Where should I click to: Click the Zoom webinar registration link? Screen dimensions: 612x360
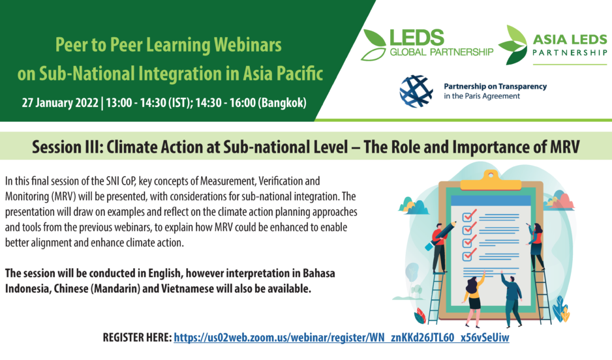(341, 337)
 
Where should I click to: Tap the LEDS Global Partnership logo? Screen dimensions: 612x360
(427, 45)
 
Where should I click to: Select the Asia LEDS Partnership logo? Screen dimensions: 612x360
(553, 45)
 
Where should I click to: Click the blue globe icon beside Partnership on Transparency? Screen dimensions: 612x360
(416, 91)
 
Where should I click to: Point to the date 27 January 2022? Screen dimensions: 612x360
(60, 102)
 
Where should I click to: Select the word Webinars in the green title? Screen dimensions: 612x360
(248, 45)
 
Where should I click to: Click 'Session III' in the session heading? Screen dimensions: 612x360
(67, 147)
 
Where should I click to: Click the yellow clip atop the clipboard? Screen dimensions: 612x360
(491, 180)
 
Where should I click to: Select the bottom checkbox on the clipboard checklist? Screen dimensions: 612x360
(468, 255)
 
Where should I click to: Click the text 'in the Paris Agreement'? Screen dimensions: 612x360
(482, 96)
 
